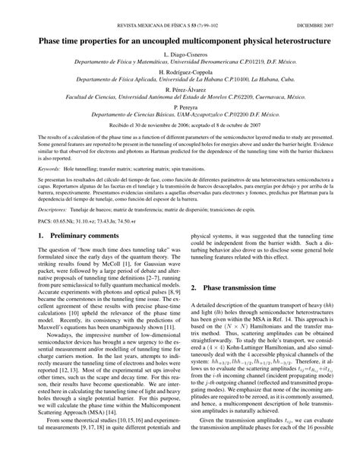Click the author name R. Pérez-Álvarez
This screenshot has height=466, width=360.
pyautogui.click(x=180, y=88)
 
